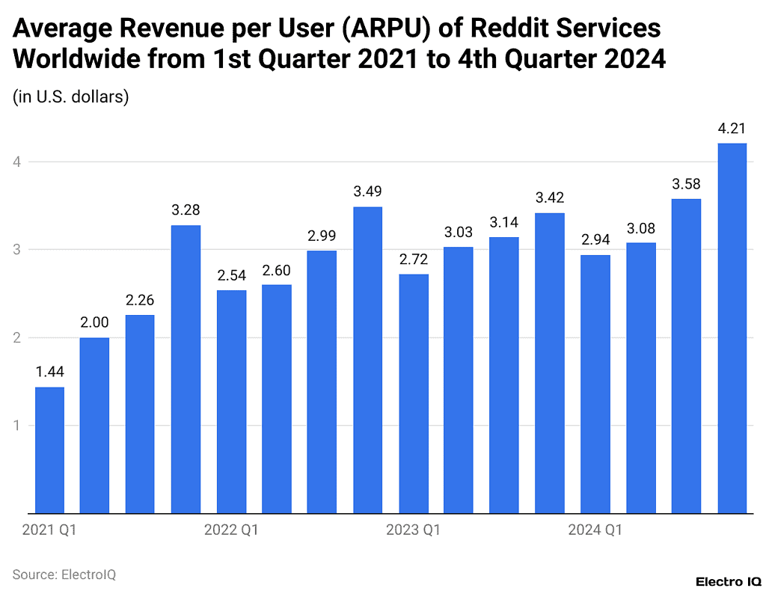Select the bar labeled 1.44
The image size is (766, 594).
coord(49,450)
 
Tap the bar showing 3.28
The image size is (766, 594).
coord(186,369)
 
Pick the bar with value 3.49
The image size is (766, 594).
coord(367,360)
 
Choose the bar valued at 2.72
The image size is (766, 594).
coord(413,394)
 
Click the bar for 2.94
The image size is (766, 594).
coord(595,384)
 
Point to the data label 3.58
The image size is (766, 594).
coord(686,184)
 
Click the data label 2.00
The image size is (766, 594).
coord(94,323)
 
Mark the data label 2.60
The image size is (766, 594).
coord(276,270)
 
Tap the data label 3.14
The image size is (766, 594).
coord(503,222)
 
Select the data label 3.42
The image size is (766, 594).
coord(549,198)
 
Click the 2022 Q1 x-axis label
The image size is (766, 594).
coord(231,530)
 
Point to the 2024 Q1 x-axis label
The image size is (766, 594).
coord(595,530)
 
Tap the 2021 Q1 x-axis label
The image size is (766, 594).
coord(49,530)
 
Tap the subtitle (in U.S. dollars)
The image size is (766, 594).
coord(71,97)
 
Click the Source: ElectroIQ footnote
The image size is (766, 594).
coord(64,575)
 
